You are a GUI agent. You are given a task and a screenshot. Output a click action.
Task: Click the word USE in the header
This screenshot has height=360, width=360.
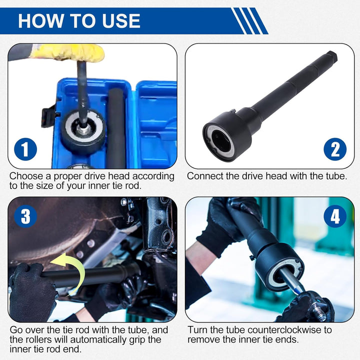pos(121,21)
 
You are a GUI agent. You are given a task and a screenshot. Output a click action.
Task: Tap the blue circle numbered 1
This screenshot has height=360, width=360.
pos(25,149)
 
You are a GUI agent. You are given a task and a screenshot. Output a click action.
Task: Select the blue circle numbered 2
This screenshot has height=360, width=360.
pos(335,149)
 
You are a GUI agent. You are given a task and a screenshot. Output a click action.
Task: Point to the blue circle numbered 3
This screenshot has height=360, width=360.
pos(25,216)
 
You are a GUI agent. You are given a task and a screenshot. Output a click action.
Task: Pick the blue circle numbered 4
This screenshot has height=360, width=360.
pos(335,216)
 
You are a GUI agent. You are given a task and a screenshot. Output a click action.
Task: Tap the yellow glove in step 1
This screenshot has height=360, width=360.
pos(69,53)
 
